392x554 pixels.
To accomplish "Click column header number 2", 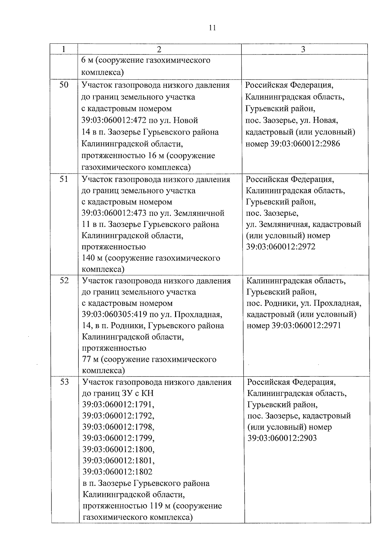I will [159, 49].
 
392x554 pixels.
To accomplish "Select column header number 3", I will [303, 49].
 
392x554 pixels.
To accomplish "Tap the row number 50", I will [64, 85].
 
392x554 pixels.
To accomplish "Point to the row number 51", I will [64, 179].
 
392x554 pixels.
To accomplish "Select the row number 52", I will [64, 280].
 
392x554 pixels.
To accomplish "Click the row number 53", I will [64, 382].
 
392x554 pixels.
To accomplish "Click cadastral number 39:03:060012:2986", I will [305, 144].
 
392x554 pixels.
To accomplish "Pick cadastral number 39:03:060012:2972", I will [281, 246].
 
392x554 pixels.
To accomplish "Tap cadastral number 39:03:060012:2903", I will [282, 438].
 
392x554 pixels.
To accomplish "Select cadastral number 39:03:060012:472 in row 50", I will [114, 120].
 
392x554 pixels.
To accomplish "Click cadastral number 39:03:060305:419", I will [115, 314].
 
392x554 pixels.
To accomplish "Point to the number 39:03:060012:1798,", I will [118, 427].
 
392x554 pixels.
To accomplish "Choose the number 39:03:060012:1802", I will [117, 472].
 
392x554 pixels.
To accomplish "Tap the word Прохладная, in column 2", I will [198, 314].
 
